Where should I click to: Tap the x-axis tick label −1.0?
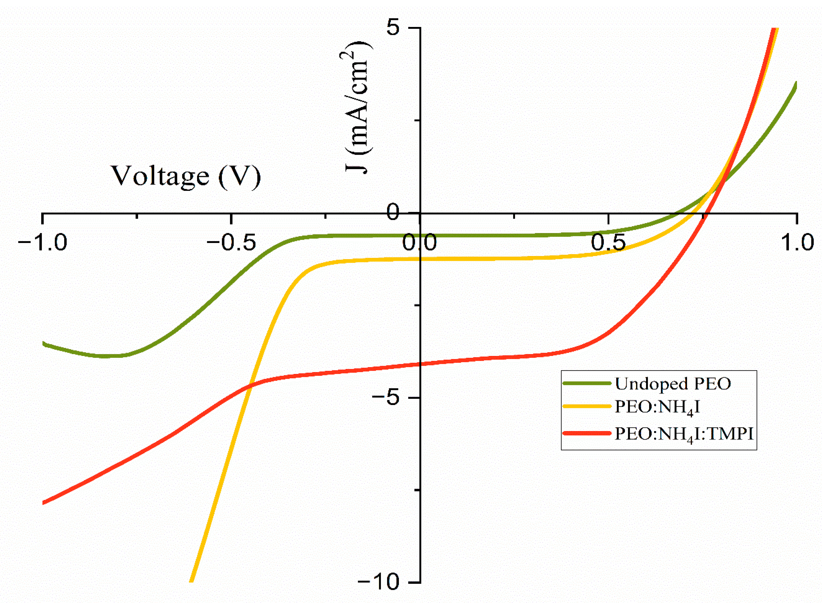pos(43,243)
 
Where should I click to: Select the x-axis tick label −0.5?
pos(231,243)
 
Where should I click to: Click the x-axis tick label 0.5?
pos(608,243)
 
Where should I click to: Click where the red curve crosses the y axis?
pos(420,364)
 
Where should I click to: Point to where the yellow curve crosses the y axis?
pos(420,259)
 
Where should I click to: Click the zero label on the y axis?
pos(393,212)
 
